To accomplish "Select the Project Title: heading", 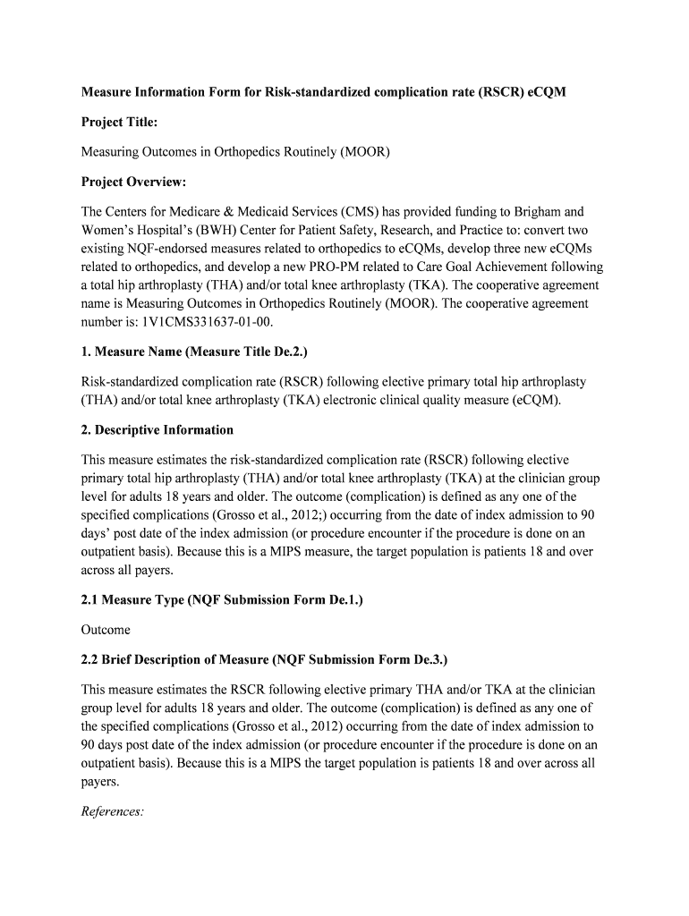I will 120,122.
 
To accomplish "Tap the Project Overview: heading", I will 134,182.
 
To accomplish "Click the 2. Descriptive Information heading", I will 157,429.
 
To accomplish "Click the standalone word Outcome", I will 106,630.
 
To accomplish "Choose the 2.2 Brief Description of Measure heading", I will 264,660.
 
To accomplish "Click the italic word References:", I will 113,811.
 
